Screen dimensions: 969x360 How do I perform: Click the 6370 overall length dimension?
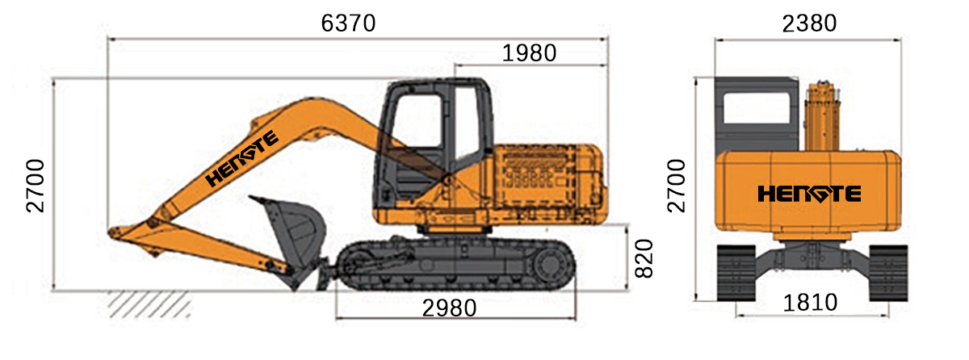click(x=348, y=23)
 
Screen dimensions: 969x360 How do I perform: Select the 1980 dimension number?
click(x=529, y=53)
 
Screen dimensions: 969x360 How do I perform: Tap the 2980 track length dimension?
click(x=449, y=308)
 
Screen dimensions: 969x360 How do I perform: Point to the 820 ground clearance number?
click(x=644, y=258)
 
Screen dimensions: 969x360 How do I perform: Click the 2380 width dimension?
click(x=809, y=23)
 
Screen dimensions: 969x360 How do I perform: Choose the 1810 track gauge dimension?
click(x=810, y=303)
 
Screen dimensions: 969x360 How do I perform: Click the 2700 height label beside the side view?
click(x=36, y=186)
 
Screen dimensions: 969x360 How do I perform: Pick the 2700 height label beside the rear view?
click(x=677, y=186)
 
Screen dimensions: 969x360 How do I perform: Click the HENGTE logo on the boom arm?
click(x=241, y=158)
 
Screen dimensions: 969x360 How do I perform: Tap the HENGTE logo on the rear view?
click(x=809, y=194)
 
